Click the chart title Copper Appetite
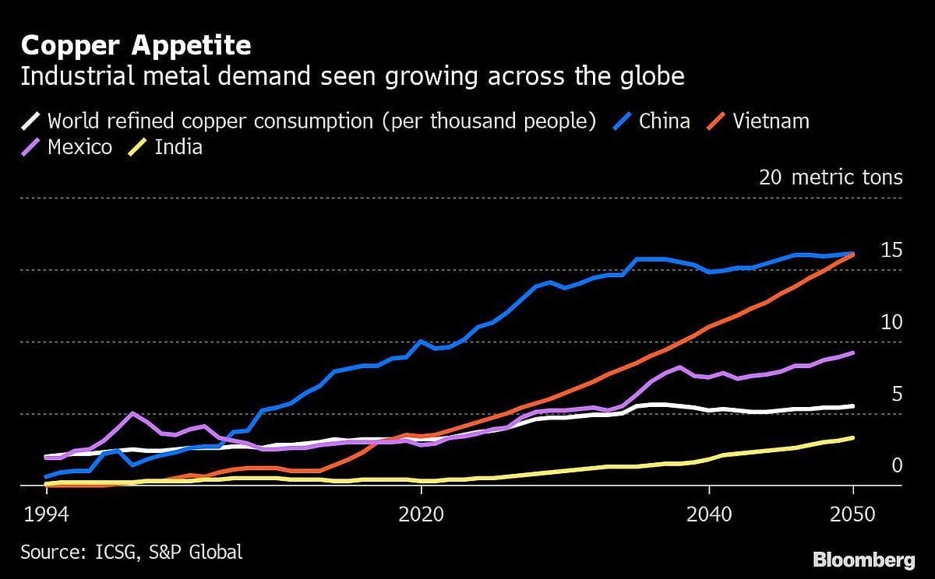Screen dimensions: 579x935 pyautogui.click(x=136, y=46)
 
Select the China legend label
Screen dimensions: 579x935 pyautogui.click(x=664, y=121)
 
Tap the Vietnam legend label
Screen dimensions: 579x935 pyautogui.click(x=770, y=121)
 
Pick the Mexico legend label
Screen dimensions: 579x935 pyautogui.click(x=79, y=147)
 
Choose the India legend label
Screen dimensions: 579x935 pyautogui.click(x=178, y=147)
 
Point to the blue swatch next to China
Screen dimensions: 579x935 pyautogui.click(x=622, y=121)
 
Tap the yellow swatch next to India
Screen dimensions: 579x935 pyautogui.click(x=137, y=147)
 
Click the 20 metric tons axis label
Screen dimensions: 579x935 pyautogui.click(x=831, y=177)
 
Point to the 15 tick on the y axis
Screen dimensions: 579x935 pyautogui.click(x=891, y=251)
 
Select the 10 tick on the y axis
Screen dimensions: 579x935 pyautogui.click(x=891, y=322)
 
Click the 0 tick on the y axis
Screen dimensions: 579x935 pyautogui.click(x=896, y=465)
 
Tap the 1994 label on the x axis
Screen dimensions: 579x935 pyautogui.click(x=44, y=515)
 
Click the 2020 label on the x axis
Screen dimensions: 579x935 pyautogui.click(x=421, y=515)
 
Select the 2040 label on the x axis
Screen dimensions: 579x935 pyautogui.click(x=709, y=515)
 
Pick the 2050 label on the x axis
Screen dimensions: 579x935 pyautogui.click(x=853, y=515)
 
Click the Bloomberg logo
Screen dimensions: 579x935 pyautogui.click(x=863, y=560)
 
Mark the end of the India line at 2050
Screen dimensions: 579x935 pyautogui.click(x=853, y=438)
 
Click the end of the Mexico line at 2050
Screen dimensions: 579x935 pyautogui.click(x=853, y=353)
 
